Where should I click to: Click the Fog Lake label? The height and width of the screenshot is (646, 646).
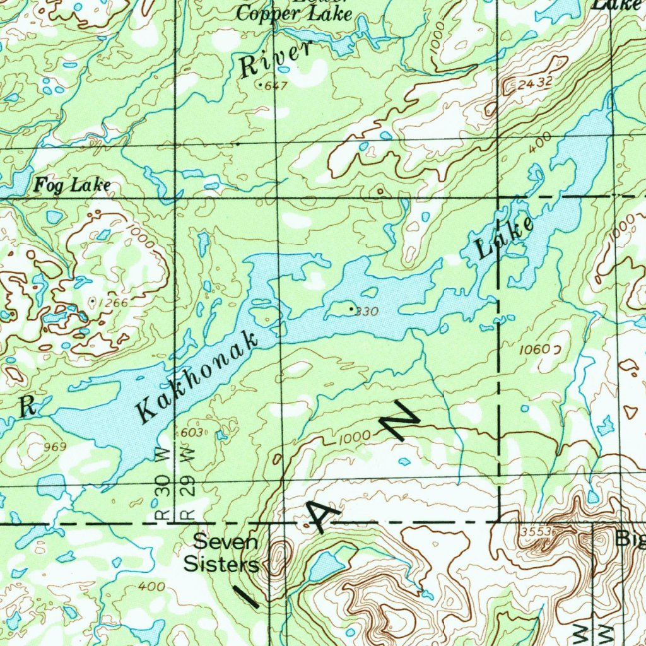point(73,185)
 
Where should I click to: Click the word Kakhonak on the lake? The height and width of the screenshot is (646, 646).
point(199,376)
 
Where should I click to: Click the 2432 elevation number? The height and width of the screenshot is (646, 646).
point(536,82)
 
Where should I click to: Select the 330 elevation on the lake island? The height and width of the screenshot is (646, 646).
point(367,311)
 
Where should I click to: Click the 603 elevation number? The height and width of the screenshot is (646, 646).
point(191,432)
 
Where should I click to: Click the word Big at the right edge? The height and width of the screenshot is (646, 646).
point(630,540)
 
